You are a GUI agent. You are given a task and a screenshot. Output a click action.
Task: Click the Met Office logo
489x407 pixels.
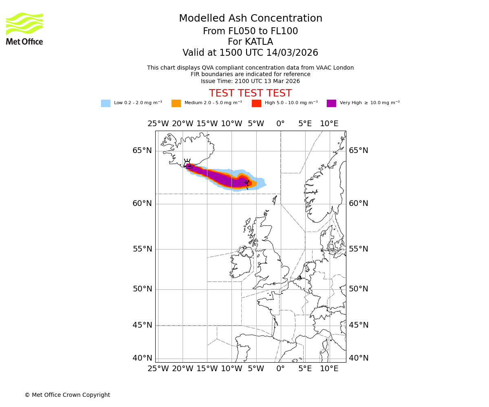pyautogui.click(x=24, y=28)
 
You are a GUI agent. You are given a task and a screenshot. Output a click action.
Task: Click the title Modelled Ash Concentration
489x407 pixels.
pyautogui.click(x=251, y=18)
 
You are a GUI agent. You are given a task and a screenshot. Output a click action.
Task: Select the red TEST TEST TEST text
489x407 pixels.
pyautogui.click(x=250, y=93)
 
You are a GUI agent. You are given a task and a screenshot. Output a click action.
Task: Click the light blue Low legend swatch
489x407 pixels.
pyautogui.click(x=106, y=103)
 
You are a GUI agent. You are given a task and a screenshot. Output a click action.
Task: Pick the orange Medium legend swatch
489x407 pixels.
pyautogui.click(x=176, y=103)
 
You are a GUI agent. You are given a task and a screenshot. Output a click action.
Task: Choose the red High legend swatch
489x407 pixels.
pyautogui.click(x=256, y=103)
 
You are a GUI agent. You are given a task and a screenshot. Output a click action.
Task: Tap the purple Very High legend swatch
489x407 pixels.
pyautogui.click(x=331, y=103)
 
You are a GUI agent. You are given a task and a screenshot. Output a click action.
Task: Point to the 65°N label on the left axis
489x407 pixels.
pyautogui.click(x=142, y=151)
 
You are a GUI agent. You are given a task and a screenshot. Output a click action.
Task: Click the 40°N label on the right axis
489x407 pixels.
pyautogui.click(x=358, y=358)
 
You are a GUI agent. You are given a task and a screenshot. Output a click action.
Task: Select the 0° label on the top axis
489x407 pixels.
pyautogui.click(x=280, y=123)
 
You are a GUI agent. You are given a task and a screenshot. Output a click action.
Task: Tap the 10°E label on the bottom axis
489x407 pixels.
pyautogui.click(x=329, y=369)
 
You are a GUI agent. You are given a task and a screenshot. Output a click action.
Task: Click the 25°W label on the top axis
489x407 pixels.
pyautogui.click(x=158, y=123)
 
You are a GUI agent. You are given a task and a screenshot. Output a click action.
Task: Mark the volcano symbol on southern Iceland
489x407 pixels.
pyautogui.click(x=187, y=164)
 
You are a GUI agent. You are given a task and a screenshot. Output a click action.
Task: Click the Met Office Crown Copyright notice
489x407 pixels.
pyautogui.click(x=67, y=395)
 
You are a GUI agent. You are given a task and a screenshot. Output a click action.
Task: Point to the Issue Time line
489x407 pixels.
pyautogui.click(x=250, y=81)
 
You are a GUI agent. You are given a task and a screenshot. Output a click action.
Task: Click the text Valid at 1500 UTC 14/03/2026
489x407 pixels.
pyautogui.click(x=250, y=53)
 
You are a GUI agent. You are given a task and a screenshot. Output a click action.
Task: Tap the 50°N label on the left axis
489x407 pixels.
pyautogui.click(x=142, y=289)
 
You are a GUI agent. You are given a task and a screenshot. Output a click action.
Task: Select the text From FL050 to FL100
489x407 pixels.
pyautogui.click(x=250, y=31)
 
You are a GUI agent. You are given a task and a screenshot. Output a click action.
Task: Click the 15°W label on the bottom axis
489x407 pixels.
pyautogui.click(x=207, y=369)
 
